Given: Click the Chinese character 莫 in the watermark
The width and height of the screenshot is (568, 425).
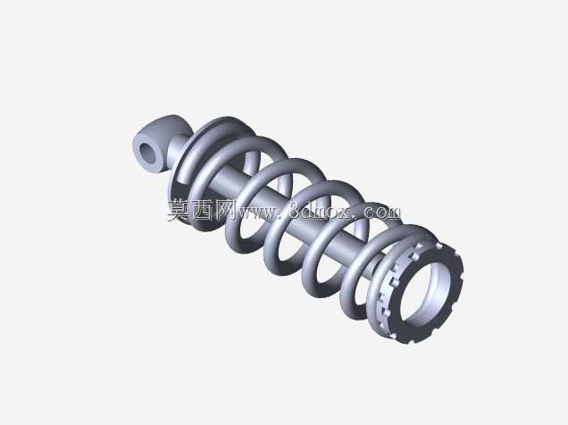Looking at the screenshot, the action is [x=179, y=211].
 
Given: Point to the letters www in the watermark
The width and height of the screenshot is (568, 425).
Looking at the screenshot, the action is [x=257, y=212].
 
